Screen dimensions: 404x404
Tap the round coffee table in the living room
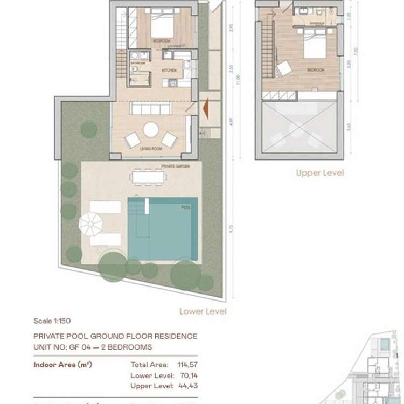(151, 129)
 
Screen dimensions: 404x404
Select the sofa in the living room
(151, 109)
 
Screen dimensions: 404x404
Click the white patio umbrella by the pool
(90, 222)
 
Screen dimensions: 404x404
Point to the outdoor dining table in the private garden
(147, 176)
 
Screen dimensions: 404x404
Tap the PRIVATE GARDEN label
(176, 166)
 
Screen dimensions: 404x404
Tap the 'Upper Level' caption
(319, 173)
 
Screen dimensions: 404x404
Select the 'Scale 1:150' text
(51, 321)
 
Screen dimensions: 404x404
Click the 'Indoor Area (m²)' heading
(63, 365)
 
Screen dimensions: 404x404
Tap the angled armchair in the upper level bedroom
(284, 68)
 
